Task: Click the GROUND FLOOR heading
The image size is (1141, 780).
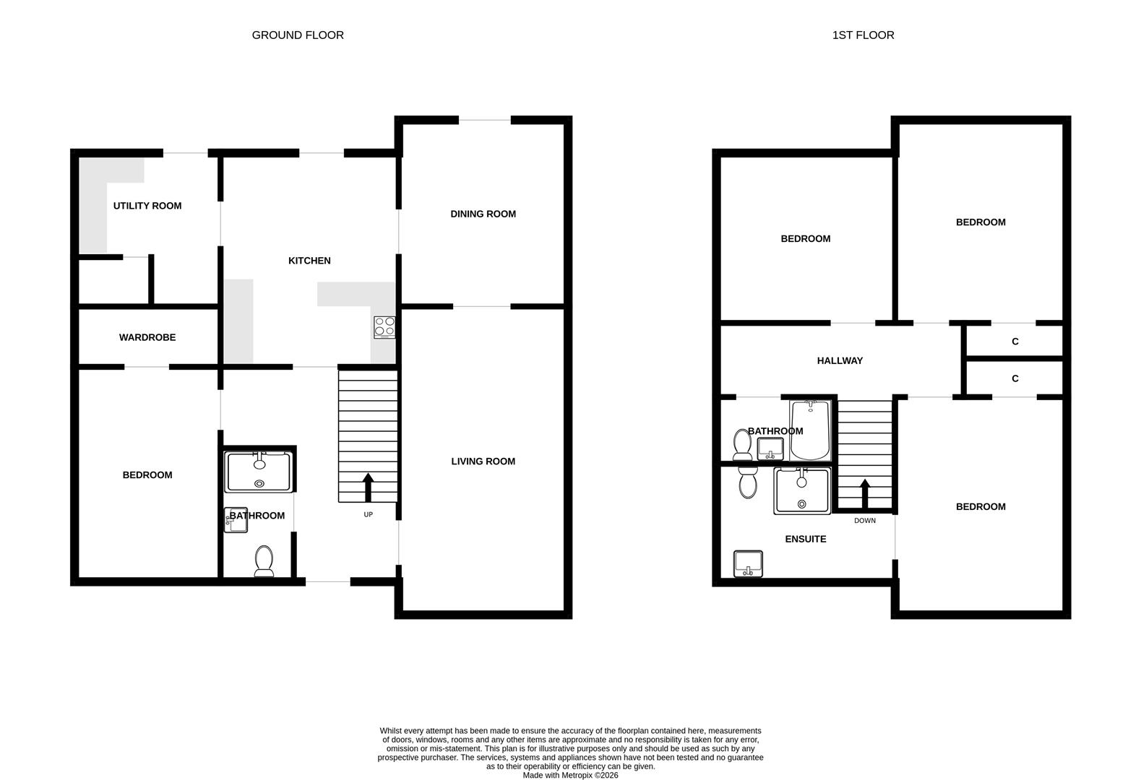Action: pyautogui.click(x=298, y=35)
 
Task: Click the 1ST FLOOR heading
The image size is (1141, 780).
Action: pyautogui.click(x=863, y=35)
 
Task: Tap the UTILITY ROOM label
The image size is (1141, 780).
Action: pyautogui.click(x=147, y=206)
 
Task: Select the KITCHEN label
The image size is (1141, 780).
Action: pyautogui.click(x=309, y=261)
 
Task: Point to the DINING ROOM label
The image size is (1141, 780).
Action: pyautogui.click(x=483, y=214)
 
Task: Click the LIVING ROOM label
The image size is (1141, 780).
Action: pyautogui.click(x=483, y=461)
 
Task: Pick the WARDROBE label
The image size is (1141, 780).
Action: pyautogui.click(x=147, y=337)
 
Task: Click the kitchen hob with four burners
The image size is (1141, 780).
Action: pyautogui.click(x=384, y=327)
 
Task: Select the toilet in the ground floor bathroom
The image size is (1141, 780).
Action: pyautogui.click(x=264, y=561)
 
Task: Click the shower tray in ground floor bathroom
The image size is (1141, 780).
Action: pyautogui.click(x=259, y=472)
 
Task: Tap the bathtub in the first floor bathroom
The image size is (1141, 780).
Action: pyautogui.click(x=810, y=430)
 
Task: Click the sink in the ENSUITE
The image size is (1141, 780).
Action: pyautogui.click(x=749, y=563)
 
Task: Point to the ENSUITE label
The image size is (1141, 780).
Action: pyautogui.click(x=805, y=539)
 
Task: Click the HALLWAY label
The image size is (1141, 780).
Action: pyautogui.click(x=840, y=360)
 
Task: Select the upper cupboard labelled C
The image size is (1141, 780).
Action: pyautogui.click(x=1015, y=341)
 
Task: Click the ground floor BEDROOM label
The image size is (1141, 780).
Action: pyautogui.click(x=147, y=474)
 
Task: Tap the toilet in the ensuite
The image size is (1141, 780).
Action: pyautogui.click(x=747, y=481)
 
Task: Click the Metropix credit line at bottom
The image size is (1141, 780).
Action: pyautogui.click(x=570, y=775)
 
